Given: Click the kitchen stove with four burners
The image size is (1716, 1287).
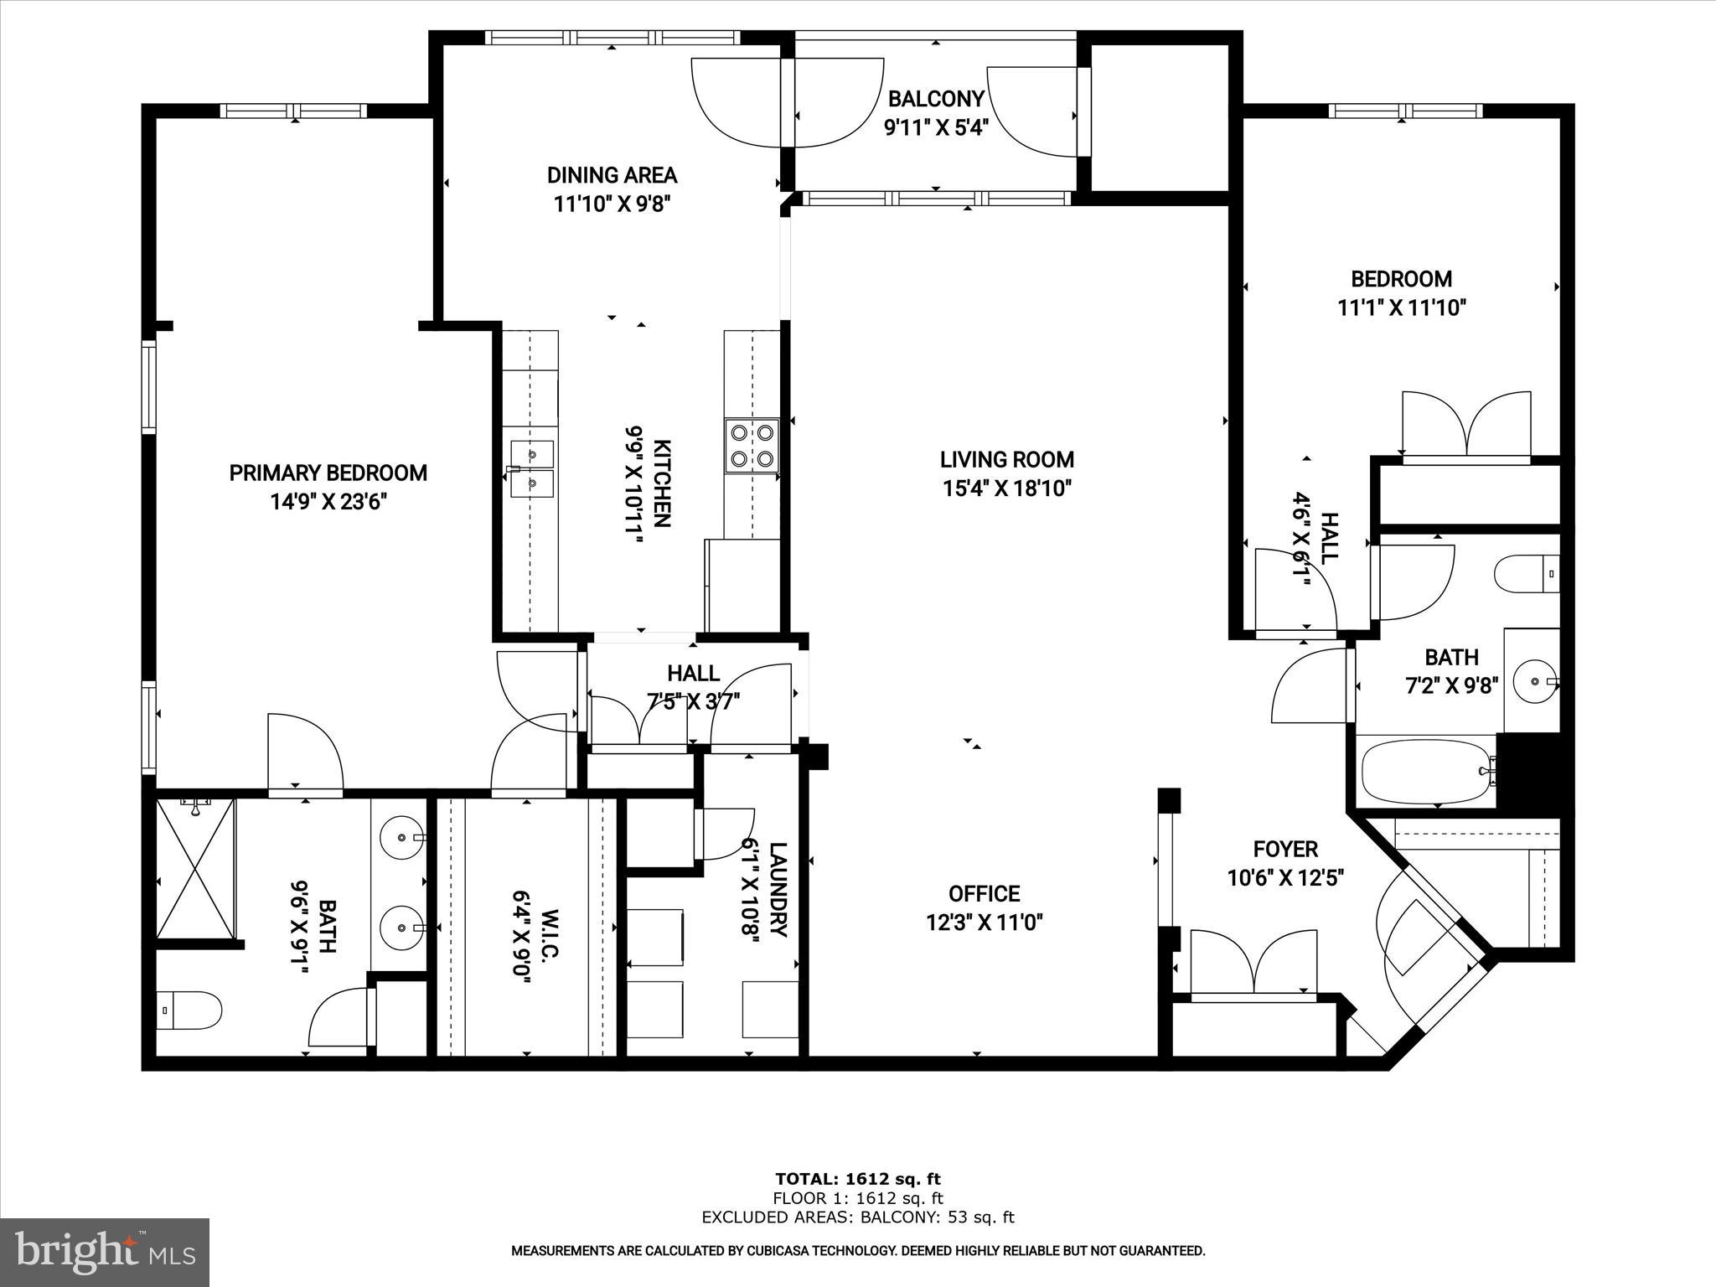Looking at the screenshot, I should coord(752,446).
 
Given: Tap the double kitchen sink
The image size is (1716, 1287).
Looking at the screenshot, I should coord(531,469).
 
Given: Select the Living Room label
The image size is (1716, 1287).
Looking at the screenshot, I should coord(1006,459).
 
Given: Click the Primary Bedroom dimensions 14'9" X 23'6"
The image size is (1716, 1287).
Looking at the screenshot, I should coord(328,502).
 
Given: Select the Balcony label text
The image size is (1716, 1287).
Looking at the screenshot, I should coord(936,99).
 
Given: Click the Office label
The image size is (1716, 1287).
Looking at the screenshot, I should coord(984,893).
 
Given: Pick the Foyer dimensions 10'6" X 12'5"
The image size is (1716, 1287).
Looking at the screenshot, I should coord(1285,878).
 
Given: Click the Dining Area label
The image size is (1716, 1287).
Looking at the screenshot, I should coord(612,175).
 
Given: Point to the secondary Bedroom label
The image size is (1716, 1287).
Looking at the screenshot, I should coord(1401,278).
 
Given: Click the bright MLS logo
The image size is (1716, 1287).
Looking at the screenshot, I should coord(105,1252).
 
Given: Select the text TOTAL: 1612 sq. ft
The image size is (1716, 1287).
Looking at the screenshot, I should coord(857,1179).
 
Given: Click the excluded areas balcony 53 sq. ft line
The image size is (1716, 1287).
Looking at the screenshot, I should coord(857,1217).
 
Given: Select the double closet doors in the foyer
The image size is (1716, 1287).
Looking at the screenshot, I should coord(1253,964).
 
